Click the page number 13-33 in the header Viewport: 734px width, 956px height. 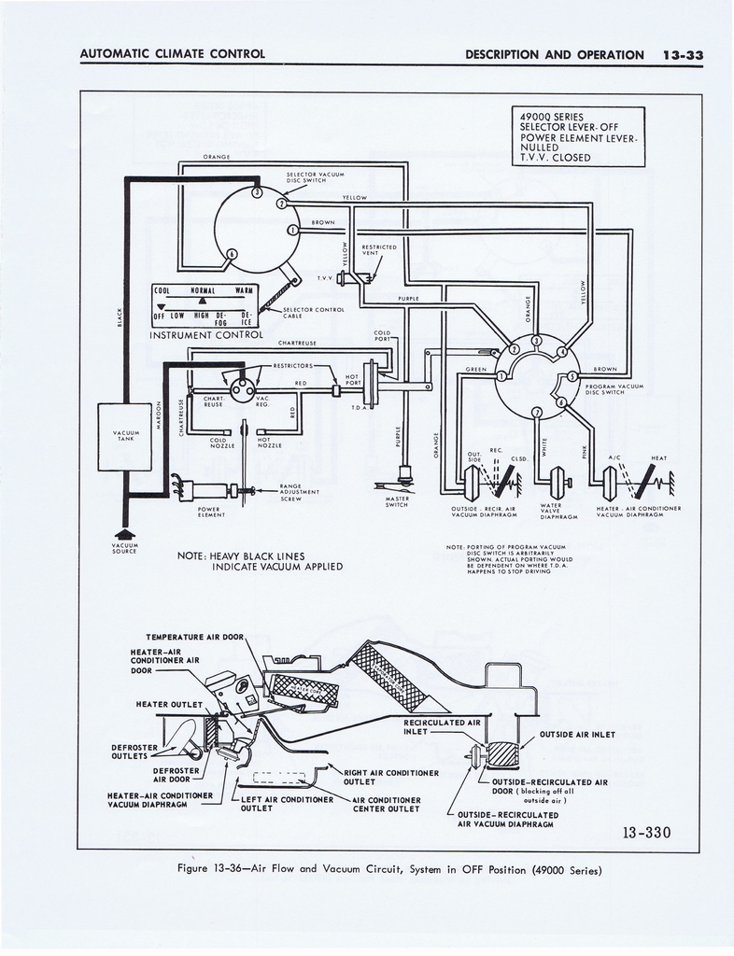tap(682, 55)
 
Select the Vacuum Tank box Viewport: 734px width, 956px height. tap(125, 436)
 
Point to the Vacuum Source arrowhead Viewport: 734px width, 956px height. tap(124, 534)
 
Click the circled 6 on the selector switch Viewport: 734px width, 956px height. tap(233, 253)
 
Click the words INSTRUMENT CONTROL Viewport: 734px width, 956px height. tap(206, 334)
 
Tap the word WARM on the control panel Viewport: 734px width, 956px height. tap(246, 291)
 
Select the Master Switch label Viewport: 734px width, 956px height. tap(398, 502)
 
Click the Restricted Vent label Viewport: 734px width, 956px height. tap(379, 249)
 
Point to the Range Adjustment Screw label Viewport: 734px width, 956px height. tap(299, 492)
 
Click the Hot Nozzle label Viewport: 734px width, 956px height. tap(264, 443)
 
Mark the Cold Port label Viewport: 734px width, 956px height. tap(383, 333)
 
